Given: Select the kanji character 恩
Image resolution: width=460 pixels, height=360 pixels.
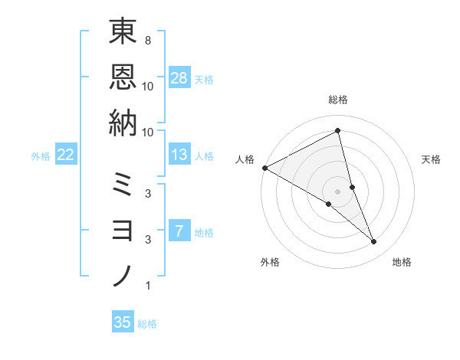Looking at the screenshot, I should (123, 77).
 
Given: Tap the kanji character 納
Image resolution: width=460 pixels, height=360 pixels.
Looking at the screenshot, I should (123, 122).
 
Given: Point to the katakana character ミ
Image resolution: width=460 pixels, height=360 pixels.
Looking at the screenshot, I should (123, 185).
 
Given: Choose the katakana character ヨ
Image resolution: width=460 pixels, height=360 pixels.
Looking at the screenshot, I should (123, 230).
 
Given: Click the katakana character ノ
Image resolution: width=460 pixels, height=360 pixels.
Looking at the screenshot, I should (123, 275).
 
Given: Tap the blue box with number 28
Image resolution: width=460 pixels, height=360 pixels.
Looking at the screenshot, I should (179, 77).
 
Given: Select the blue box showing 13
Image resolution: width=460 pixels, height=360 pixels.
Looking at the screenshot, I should (179, 155).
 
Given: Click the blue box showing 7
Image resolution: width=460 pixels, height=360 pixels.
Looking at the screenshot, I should (179, 231).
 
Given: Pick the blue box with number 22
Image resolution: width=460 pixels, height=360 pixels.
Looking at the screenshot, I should (66, 155).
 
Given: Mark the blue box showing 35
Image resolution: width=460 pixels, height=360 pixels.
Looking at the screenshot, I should (123, 322).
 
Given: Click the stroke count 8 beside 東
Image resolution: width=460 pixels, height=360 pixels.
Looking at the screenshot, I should (147, 39).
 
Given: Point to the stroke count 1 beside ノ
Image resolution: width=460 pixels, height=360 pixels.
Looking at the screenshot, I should (147, 286).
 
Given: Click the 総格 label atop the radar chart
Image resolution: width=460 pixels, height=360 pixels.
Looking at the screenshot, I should (338, 100).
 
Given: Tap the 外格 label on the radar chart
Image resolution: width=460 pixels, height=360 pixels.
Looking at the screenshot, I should (270, 262).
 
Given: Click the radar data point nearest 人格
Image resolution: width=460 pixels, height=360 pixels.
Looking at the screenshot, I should (264, 168).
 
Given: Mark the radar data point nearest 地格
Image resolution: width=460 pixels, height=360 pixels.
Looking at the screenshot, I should (374, 242).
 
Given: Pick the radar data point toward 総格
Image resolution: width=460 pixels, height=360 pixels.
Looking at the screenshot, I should (338, 131).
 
